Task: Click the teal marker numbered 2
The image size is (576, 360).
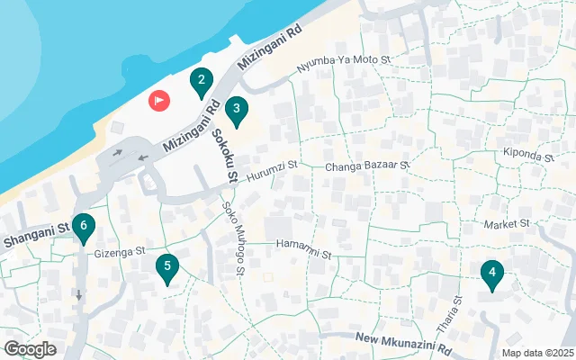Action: point(202,83)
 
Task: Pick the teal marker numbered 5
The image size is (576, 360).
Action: point(166,267)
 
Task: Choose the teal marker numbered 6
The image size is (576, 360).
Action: point(83,228)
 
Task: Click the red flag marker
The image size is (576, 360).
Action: point(159,100)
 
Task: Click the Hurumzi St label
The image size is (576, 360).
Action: point(272,169)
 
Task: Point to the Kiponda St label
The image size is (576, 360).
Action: point(528,155)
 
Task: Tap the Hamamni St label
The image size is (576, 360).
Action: point(303,244)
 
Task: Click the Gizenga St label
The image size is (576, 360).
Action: point(121,252)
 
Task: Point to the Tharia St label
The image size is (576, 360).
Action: point(457,312)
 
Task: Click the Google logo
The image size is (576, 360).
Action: point(30,349)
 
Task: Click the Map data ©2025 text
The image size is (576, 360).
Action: point(536,354)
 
